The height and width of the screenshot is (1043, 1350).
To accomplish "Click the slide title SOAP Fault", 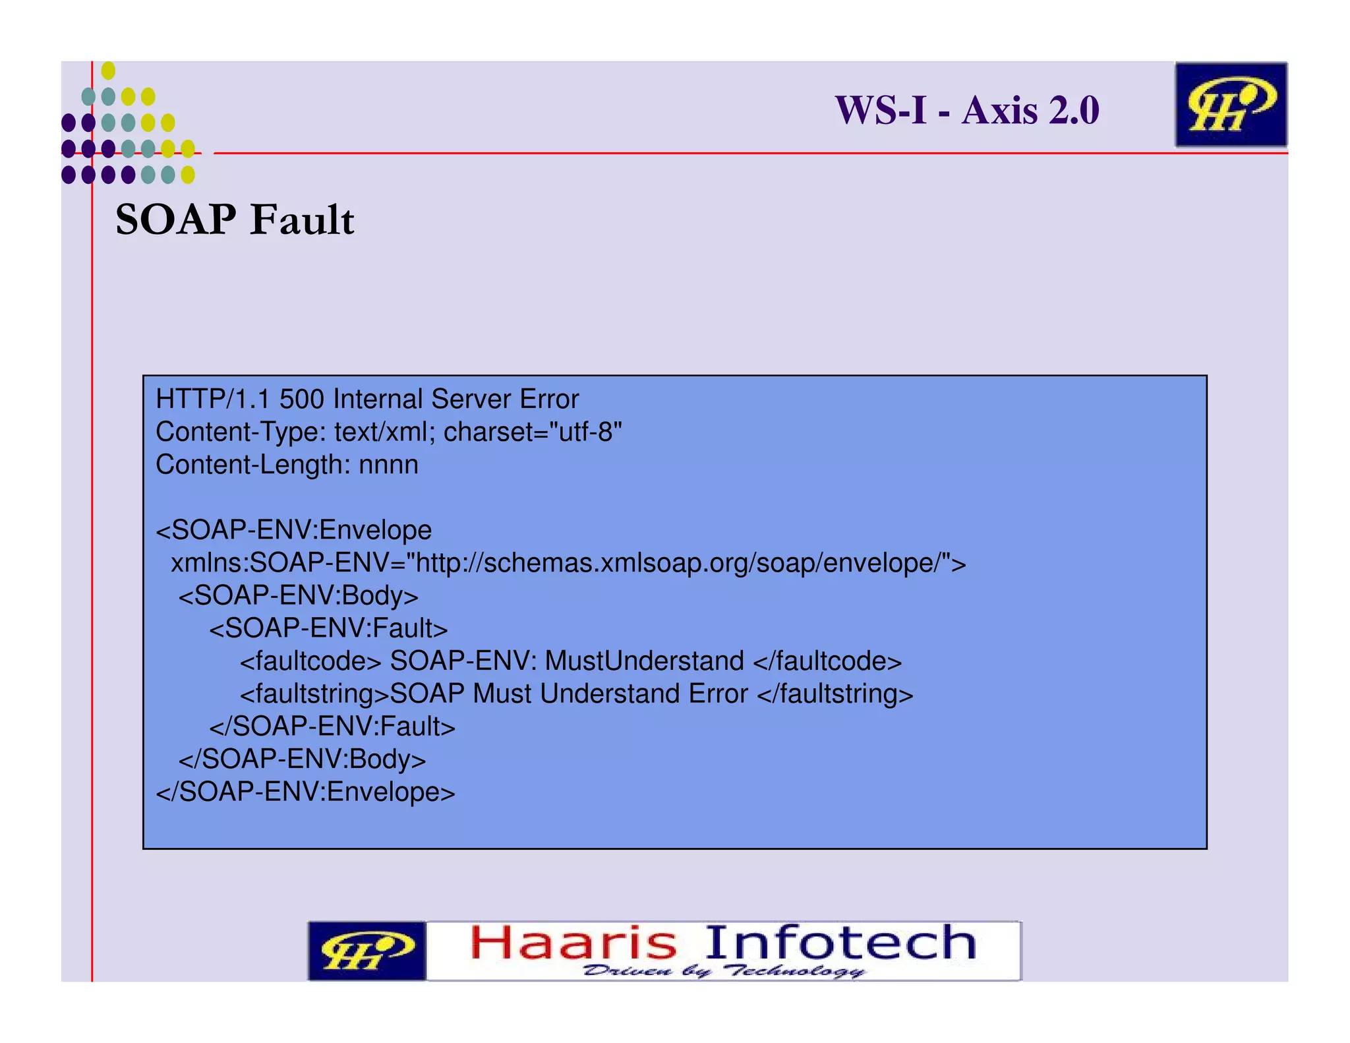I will [235, 220].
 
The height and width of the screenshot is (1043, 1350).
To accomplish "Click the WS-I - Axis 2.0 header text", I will [966, 110].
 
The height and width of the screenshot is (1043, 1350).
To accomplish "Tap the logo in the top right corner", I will [1230, 105].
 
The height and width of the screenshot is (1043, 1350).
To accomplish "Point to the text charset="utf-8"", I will [533, 432].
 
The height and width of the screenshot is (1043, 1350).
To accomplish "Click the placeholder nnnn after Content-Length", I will [388, 465].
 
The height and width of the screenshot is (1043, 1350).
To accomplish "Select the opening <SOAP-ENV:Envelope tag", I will [294, 530].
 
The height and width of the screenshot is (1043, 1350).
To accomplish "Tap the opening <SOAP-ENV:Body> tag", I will [299, 596].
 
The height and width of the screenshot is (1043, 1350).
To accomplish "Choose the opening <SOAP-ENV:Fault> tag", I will [328, 628].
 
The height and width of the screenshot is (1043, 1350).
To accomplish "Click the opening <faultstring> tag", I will [314, 694].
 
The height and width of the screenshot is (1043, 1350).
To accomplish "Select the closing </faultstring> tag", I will [835, 694].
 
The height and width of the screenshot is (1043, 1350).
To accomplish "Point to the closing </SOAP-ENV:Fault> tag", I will [332, 727].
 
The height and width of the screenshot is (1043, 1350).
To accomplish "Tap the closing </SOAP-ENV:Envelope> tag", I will [305, 792].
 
